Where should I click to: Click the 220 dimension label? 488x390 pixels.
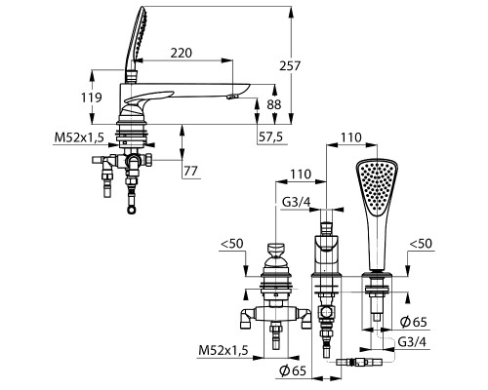(182, 53)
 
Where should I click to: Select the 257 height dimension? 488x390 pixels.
(290, 66)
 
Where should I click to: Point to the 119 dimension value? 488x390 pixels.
(92, 97)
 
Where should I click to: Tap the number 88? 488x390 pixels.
(274, 104)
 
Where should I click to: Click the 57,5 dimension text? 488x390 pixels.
(271, 137)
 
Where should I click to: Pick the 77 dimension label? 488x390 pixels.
(190, 171)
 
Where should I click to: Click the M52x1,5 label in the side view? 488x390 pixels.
(79, 137)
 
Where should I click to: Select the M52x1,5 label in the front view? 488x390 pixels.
(224, 350)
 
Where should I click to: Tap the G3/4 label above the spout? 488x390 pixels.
(296, 202)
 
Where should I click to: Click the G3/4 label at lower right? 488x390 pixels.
(412, 342)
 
